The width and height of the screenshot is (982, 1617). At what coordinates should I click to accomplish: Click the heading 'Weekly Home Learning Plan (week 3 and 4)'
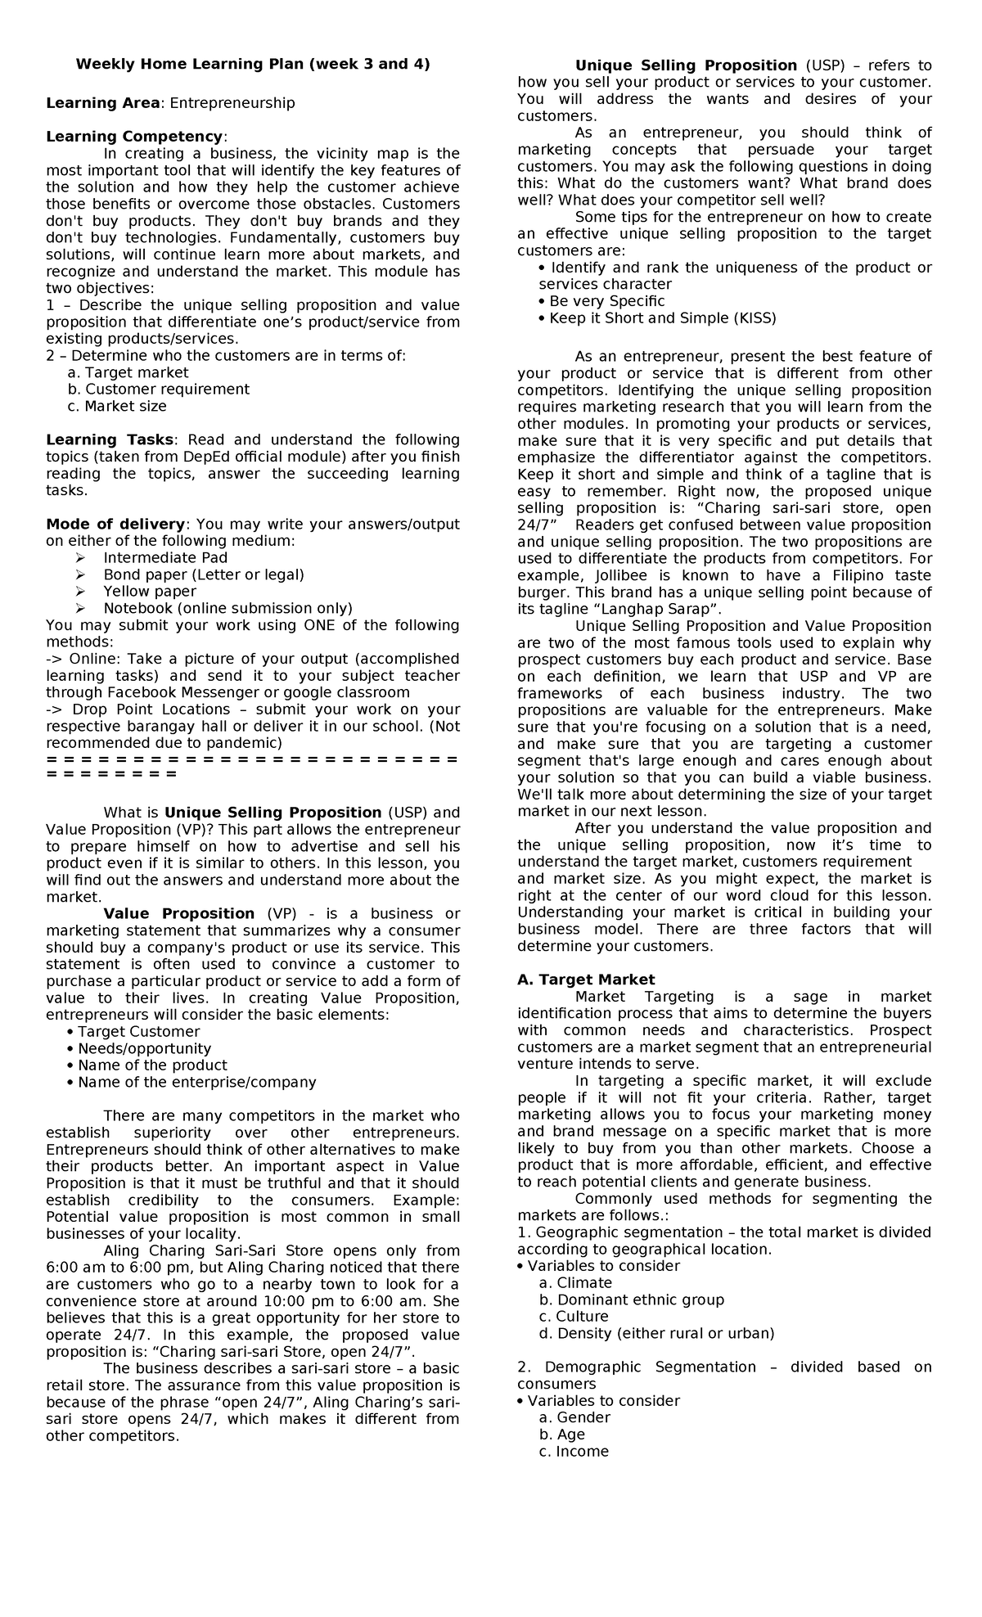pos(253,65)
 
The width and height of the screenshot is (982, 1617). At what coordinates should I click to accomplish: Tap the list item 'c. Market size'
pos(117,406)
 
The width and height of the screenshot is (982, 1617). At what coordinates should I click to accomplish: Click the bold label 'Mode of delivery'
pos(115,525)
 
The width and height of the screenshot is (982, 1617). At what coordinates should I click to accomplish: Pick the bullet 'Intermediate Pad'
pos(154,558)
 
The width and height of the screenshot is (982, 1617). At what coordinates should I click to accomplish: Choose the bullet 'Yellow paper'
pos(150,592)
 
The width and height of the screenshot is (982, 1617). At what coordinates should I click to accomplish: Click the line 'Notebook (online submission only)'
pos(227,608)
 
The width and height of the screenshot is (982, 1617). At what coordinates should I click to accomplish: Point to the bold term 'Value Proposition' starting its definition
pos(179,914)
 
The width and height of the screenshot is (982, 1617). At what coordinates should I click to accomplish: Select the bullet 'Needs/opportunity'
pos(144,1049)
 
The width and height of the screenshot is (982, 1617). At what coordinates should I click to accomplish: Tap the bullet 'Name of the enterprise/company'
pos(196,1083)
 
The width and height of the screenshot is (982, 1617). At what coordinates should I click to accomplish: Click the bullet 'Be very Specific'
pos(606,301)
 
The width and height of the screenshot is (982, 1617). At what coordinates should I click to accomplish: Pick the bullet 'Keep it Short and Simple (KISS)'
pos(662,318)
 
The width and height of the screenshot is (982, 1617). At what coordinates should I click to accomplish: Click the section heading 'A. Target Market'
pos(586,980)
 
